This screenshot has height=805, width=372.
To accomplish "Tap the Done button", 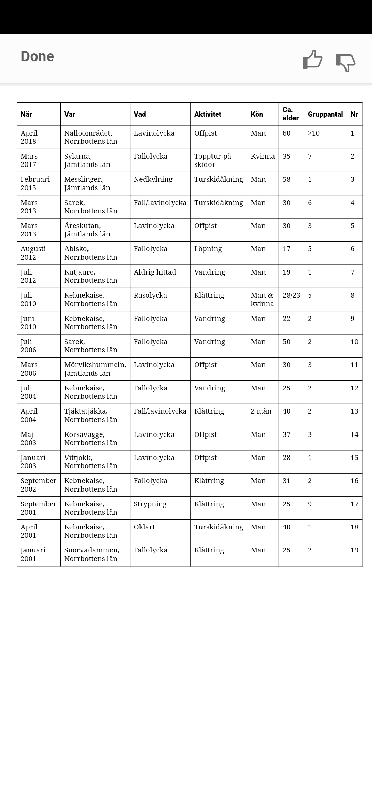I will [37, 56].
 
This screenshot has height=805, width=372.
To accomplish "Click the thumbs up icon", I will [312, 60].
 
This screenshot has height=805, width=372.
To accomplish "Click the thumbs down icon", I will [345, 62].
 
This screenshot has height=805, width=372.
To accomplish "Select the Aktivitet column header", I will [208, 114].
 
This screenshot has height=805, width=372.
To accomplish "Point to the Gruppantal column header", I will [325, 114].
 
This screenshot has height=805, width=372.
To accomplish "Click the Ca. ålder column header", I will [291, 114].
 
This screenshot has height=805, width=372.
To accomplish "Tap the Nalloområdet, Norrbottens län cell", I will [91, 137].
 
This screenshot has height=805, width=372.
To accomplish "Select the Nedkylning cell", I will [153, 179].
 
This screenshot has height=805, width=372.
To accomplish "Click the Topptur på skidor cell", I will [213, 160].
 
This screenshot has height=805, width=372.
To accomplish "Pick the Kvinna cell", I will [262, 156].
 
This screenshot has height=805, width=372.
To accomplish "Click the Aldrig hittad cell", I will [155, 272].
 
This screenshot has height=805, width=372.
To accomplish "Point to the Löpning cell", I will [208, 249].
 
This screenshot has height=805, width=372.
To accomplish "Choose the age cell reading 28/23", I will [291, 295].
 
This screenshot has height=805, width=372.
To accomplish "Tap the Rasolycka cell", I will [150, 295].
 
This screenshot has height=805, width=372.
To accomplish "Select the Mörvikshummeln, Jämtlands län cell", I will [95, 369].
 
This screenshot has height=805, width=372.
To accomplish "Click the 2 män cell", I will [261, 411].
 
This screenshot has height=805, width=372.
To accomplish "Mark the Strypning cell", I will [150, 504].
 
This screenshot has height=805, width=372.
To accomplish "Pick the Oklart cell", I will [144, 527].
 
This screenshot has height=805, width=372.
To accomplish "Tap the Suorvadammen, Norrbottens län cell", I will [92, 554].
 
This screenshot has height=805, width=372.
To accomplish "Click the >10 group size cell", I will [313, 133].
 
